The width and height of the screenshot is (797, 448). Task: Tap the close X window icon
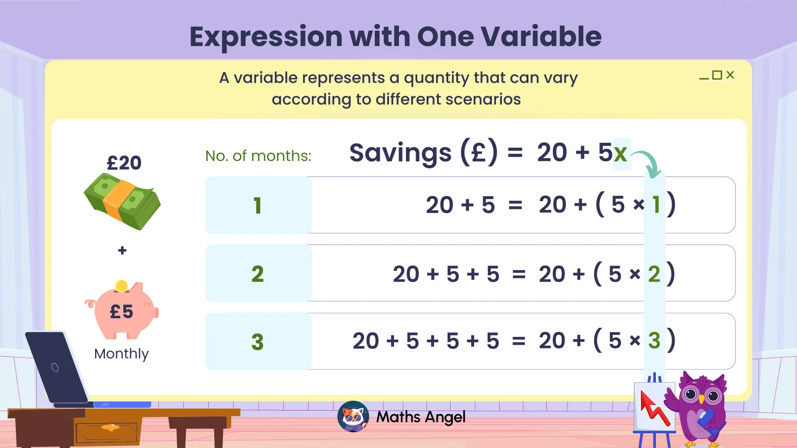tap(730, 75)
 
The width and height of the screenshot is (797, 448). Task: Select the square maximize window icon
tap(717, 75)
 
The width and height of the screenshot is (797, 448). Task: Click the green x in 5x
tap(621, 153)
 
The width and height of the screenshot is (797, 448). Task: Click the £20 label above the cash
tap(124, 163)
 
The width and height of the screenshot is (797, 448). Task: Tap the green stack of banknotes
tap(122, 202)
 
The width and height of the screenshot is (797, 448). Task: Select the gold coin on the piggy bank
tap(121, 286)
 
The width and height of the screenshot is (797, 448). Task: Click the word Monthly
tap(121, 354)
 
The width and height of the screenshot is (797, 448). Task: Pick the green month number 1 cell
tap(258, 205)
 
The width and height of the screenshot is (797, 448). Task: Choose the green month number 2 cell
tap(258, 274)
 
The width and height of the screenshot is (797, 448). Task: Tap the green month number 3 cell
tap(258, 342)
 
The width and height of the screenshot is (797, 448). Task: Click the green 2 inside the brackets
tap(654, 274)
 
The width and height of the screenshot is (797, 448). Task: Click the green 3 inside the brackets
tap(654, 341)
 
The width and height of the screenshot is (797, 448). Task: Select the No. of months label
tap(258, 156)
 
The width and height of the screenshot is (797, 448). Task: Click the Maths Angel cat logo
tap(353, 416)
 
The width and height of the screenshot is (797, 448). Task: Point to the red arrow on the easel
tap(654, 408)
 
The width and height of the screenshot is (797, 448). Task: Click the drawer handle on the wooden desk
tap(110, 427)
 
